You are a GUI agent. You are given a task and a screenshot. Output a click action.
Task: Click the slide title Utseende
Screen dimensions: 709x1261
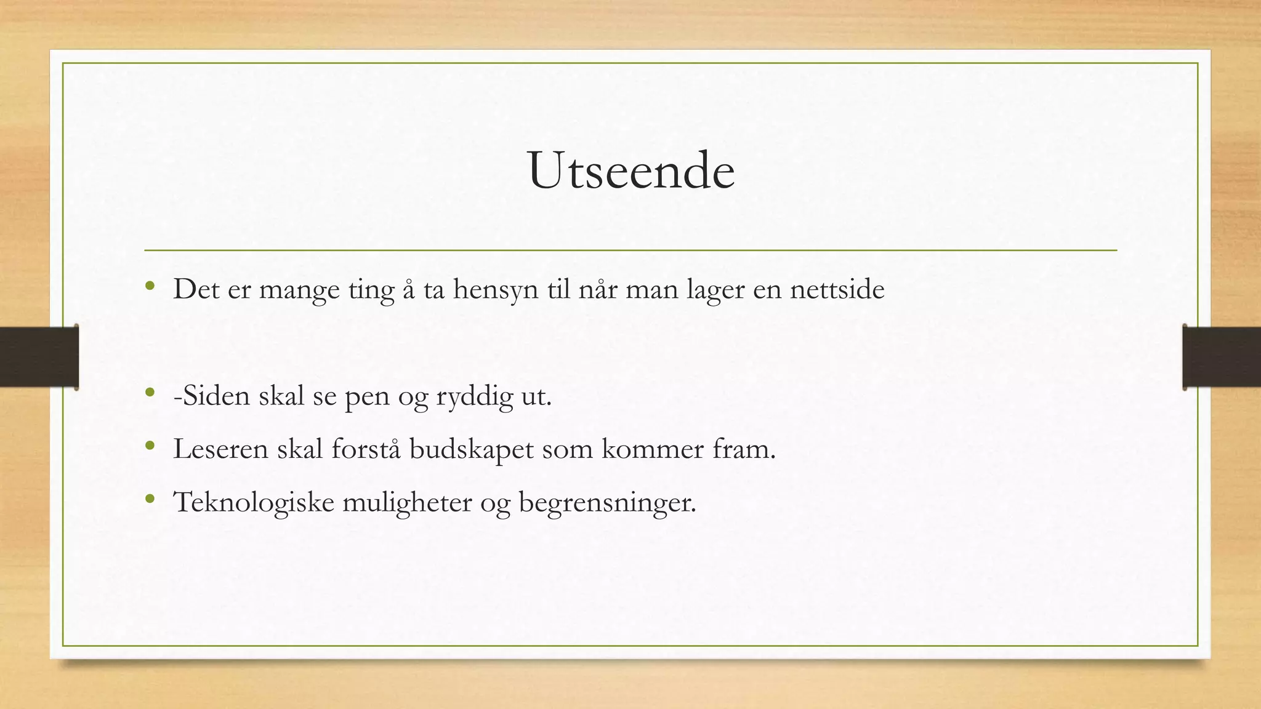click(x=631, y=170)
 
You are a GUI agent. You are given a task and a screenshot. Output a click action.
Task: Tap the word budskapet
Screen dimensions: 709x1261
click(x=471, y=449)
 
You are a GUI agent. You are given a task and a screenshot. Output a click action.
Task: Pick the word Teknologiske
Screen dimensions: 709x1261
click(x=253, y=503)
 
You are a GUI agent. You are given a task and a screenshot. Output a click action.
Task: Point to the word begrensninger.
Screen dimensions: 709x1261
click(x=607, y=503)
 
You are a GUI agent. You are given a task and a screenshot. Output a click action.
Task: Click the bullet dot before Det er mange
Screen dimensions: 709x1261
click(x=150, y=285)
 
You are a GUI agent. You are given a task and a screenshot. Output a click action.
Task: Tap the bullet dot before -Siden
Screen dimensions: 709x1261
click(x=150, y=391)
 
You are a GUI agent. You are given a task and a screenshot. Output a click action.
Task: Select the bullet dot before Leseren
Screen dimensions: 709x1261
click(x=150, y=445)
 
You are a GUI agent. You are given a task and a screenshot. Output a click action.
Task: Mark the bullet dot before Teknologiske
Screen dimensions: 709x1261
click(x=150, y=499)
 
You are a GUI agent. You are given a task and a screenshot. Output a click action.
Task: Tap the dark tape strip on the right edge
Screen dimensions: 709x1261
click(x=1222, y=357)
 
